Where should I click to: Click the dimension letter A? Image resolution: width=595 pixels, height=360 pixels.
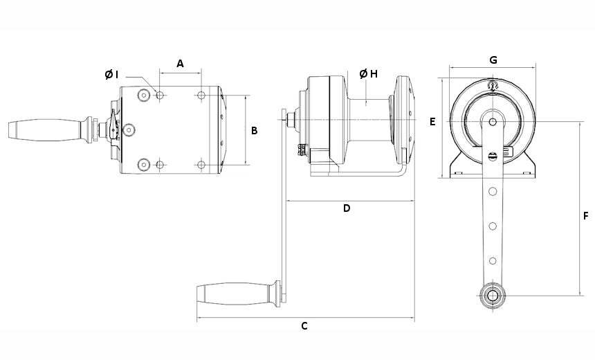click(x=180, y=64)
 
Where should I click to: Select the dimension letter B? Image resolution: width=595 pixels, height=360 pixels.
click(x=255, y=130)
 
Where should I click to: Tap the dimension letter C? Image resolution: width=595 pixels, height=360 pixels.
click(x=304, y=326)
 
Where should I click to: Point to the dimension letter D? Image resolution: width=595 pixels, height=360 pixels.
click(x=347, y=208)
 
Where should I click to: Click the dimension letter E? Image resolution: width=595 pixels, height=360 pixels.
click(x=432, y=122)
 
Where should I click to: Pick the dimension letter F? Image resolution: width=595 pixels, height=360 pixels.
click(x=585, y=216)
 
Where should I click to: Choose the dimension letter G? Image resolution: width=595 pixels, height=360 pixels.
click(x=493, y=60)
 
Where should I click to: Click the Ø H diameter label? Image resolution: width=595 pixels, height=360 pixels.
click(x=369, y=74)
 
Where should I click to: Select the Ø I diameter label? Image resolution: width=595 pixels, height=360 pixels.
click(x=112, y=75)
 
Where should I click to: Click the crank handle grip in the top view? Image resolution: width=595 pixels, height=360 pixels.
click(x=42, y=130)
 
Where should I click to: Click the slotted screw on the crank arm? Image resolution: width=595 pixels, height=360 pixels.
click(x=492, y=156)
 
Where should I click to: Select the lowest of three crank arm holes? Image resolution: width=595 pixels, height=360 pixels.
click(x=492, y=260)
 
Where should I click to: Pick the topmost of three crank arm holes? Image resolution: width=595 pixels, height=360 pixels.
click(x=492, y=190)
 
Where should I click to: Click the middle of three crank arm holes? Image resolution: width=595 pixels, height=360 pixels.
click(x=492, y=225)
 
